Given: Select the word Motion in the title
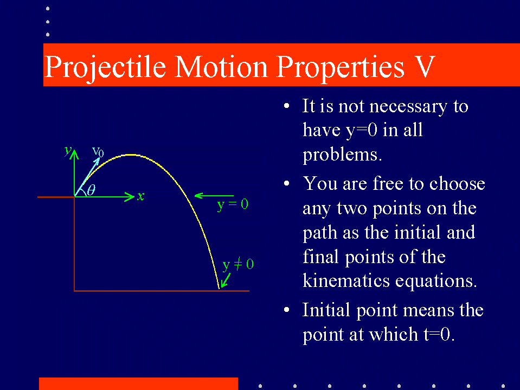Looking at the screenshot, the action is click(x=221, y=67).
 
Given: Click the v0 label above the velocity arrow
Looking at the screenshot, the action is click(x=98, y=151).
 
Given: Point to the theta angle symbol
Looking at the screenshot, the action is click(x=91, y=190).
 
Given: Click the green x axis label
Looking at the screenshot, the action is click(x=141, y=196).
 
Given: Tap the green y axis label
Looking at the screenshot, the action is click(x=68, y=151).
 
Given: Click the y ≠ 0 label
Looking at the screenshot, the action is click(x=238, y=265).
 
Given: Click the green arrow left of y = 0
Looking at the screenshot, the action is click(x=214, y=196).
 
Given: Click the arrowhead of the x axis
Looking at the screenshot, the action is click(x=130, y=197).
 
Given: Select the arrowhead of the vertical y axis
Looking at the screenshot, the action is click(x=74, y=154).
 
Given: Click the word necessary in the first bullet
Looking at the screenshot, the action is click(x=408, y=107).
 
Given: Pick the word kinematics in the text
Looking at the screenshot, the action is click(x=346, y=280).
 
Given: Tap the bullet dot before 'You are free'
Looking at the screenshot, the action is click(x=286, y=183).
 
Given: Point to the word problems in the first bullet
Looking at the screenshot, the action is click(x=342, y=154).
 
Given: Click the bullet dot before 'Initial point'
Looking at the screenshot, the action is click(x=286, y=310).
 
